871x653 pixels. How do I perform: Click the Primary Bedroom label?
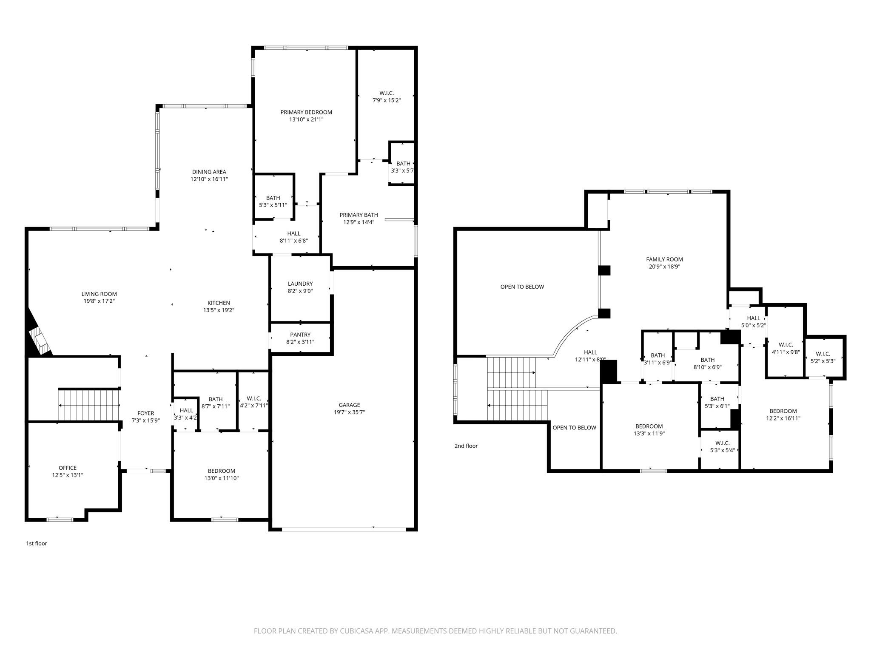306,112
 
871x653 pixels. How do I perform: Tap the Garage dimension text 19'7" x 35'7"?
349,412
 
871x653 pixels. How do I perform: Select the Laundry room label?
300,284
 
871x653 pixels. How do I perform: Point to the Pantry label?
300,335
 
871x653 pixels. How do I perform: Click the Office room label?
68,468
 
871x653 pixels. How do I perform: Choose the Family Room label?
664,259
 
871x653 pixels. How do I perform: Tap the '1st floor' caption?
37,543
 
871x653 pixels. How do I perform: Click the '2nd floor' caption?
466,446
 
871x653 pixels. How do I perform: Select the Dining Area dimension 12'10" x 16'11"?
209,179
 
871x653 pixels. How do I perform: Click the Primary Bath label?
359,215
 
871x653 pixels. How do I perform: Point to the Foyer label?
145,413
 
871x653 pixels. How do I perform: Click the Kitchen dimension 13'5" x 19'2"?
219,310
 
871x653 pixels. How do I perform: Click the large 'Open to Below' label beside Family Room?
522,287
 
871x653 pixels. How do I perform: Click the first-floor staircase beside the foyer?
88,405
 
